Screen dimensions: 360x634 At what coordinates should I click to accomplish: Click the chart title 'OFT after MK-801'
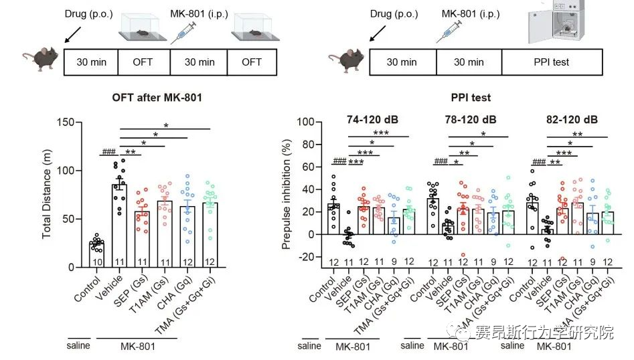click(157, 98)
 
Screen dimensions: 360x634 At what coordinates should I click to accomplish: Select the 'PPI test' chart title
click(470, 98)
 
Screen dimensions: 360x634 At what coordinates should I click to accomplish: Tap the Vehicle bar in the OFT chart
click(120, 228)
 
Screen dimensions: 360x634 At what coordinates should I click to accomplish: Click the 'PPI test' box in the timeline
click(552, 62)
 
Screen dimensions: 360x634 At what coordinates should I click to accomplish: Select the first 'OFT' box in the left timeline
click(143, 62)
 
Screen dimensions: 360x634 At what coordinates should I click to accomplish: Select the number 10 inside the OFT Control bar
click(97, 261)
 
